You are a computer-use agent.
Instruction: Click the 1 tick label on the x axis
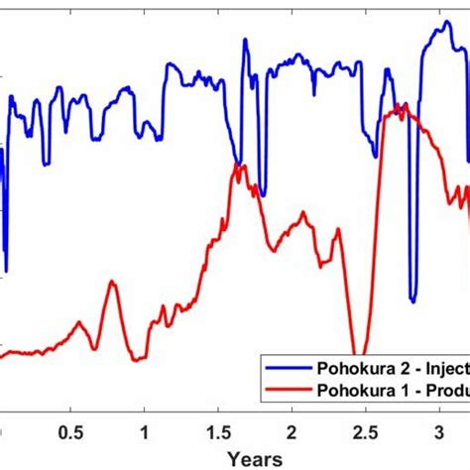tap(145, 433)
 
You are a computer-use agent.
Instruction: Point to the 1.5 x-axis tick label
tap(217, 433)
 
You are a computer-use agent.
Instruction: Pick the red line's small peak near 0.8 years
tap(112, 283)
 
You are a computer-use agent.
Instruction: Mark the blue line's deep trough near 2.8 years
tap(412, 298)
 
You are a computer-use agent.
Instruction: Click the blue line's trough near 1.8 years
tap(263, 194)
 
